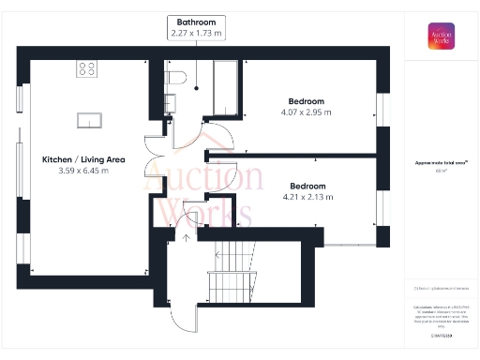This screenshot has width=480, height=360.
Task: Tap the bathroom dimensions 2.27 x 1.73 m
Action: [197, 33]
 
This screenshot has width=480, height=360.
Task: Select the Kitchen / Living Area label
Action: [84, 160]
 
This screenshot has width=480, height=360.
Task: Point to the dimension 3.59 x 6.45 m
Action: [84, 172]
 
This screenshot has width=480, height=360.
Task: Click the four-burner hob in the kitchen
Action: [89, 68]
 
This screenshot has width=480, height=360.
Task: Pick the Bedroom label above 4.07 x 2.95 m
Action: [306, 101]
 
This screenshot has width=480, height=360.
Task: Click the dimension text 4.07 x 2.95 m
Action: [306, 112]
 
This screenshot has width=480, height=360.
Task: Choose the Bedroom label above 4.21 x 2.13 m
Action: [307, 186]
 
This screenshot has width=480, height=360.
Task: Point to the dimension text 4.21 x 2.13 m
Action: [307, 197]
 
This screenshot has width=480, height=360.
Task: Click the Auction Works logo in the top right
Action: [442, 37]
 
